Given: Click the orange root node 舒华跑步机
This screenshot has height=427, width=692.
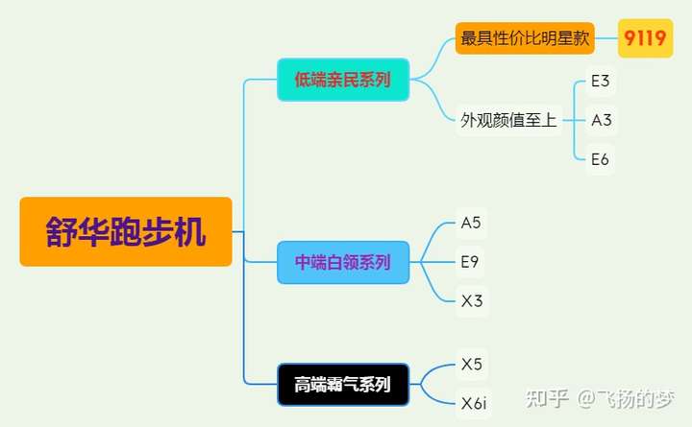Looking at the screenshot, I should tap(126, 231).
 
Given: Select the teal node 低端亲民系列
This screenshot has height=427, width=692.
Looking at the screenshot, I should tap(343, 80).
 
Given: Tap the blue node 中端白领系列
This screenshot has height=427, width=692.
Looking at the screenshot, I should tap(343, 262).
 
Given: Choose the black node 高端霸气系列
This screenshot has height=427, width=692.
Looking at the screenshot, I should tap(343, 385).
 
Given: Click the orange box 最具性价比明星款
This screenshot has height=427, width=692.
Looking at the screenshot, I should tap(525, 38).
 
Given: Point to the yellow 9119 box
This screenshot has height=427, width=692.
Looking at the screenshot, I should tap(645, 38).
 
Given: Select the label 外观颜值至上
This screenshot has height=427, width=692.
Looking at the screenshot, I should tap(508, 120).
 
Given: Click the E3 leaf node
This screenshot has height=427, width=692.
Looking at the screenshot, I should tap(601, 81).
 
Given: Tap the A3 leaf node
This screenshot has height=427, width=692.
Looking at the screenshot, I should tap(602, 120).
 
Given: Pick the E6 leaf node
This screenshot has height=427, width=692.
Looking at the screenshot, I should tap(601, 159).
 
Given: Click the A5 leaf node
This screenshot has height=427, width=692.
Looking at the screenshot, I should tap(471, 223).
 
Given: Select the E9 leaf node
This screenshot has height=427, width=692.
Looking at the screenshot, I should tap(471, 261).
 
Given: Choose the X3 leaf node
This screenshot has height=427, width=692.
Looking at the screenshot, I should tap(471, 301).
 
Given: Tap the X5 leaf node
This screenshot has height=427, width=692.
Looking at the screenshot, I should tap(471, 364).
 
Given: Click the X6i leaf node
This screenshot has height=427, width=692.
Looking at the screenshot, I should tap(474, 404).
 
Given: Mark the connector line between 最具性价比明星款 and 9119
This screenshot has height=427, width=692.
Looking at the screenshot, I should tap(606, 38).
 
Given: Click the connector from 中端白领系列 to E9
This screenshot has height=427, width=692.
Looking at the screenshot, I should tap(432, 262).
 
